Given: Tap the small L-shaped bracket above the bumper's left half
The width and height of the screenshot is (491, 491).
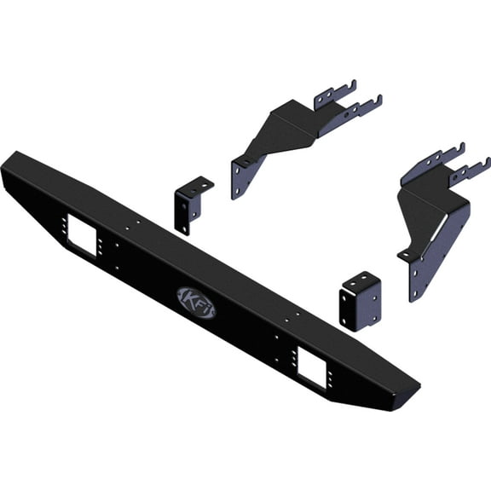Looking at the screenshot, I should point(191,205).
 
